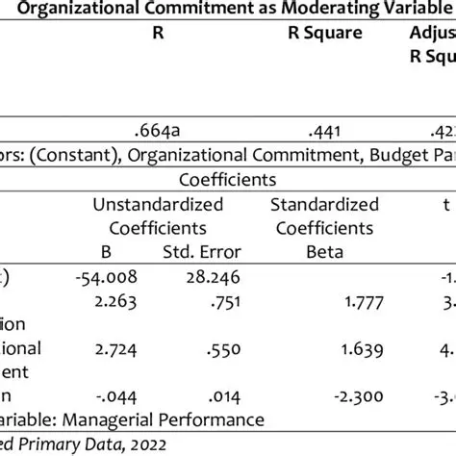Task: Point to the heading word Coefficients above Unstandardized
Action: [x=227, y=179]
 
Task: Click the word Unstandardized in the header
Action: [x=158, y=204]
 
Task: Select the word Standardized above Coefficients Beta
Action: [x=322, y=204]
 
